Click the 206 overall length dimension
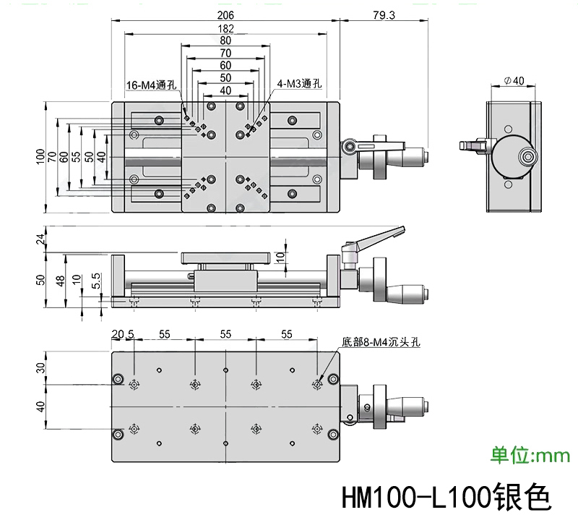pos(225,15)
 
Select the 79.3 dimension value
pos(384,15)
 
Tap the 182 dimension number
pos(225,28)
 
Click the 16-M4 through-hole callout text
pos(152,85)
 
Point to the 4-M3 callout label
pos(299,84)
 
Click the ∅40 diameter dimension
pos(514,80)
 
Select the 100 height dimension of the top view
pos(40,156)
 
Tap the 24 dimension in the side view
pos(40,239)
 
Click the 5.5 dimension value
pos(95,281)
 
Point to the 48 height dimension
pos(60,281)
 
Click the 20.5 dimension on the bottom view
pos(123,334)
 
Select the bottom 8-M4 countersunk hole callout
pos(381,342)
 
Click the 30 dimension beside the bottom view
pos(40,368)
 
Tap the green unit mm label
pos(530,455)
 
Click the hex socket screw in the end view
pos(528,157)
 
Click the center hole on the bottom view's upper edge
pos(225,370)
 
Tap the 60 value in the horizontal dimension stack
pos(225,65)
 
